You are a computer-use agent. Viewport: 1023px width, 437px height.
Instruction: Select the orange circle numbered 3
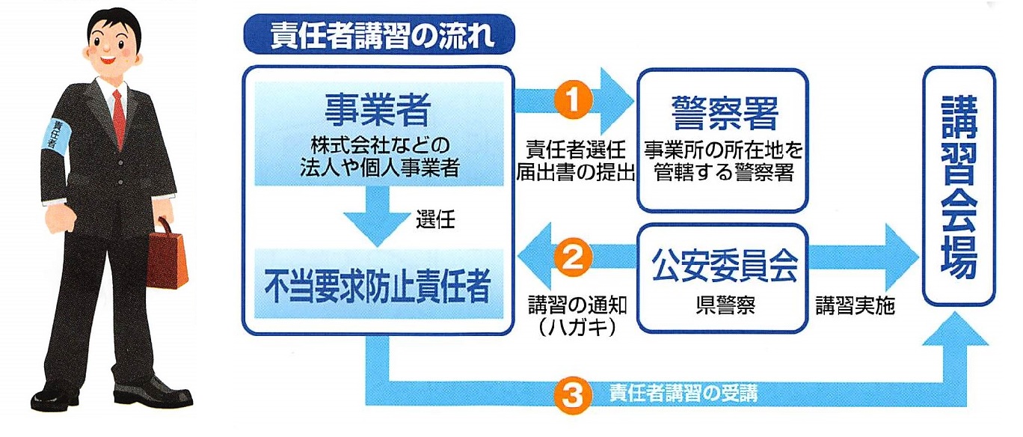pos(573,392)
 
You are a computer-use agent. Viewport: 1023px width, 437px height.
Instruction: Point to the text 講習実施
pos(855,307)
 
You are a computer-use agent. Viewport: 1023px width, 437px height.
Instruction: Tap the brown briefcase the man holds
pos(166,257)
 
